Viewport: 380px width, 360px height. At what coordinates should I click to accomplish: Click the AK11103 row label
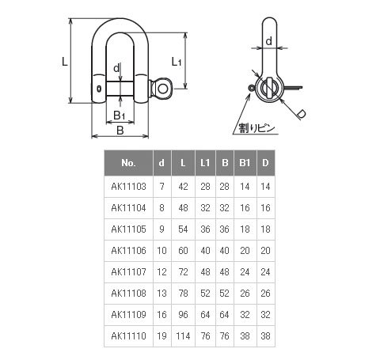pyautogui.click(x=128, y=187)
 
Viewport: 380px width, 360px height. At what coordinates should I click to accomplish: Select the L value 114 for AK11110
pyautogui.click(x=183, y=335)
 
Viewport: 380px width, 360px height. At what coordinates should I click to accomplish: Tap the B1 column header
pyautogui.click(x=245, y=163)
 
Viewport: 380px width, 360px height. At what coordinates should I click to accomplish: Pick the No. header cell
pyautogui.click(x=128, y=163)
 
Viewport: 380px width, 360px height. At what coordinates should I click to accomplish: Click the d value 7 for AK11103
pyautogui.click(x=161, y=187)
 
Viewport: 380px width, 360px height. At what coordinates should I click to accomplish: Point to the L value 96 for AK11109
pyautogui.click(x=183, y=314)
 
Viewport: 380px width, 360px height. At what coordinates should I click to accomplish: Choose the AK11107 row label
pyautogui.click(x=128, y=271)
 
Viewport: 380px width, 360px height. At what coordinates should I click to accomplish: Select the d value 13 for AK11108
pyautogui.click(x=161, y=293)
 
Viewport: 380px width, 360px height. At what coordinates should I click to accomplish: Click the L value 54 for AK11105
pyautogui.click(x=183, y=229)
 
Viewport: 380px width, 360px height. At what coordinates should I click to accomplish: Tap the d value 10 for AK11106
pyautogui.click(x=161, y=250)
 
